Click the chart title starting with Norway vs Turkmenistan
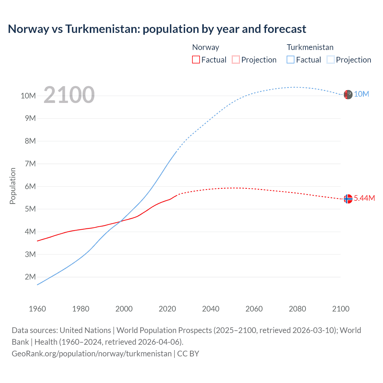pyautogui.click(x=157, y=29)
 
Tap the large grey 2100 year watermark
pyautogui.click(x=69, y=95)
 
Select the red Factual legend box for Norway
pyautogui.click(x=196, y=60)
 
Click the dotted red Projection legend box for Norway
pyautogui.click(x=236, y=60)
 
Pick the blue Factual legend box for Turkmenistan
pyautogui.click(x=291, y=60)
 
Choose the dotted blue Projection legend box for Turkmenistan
pyautogui.click(x=331, y=60)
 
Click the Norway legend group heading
pyautogui.click(x=206, y=47)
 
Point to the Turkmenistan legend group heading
pyautogui.click(x=310, y=47)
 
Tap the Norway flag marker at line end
pyautogui.click(x=348, y=199)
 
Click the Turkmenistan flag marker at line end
pyautogui.click(x=348, y=94)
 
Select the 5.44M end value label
pyautogui.click(x=364, y=198)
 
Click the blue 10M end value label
pyautogui.click(x=361, y=94)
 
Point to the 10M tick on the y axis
pyautogui.click(x=28, y=96)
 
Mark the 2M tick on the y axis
pyautogui.click(x=30, y=277)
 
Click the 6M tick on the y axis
pyautogui.click(x=30, y=186)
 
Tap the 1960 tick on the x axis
pyautogui.click(x=37, y=309)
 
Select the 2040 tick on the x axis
pyautogui.click(x=211, y=309)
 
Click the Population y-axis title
pyautogui.click(x=13, y=186)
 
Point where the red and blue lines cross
pyautogui.click(x=120, y=221)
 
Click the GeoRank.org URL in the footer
pyautogui.click(x=92, y=353)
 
